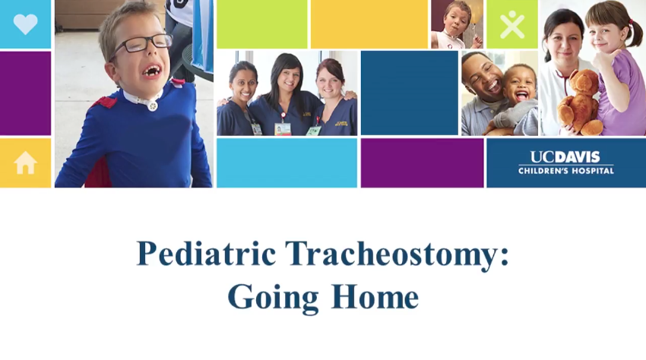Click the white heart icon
pos(26,24)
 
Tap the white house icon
pos(26,163)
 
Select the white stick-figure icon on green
pos(512,24)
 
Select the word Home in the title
pos(375,296)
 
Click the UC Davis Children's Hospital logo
pos(566,163)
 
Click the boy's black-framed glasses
pos(142,45)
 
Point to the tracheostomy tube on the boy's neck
pos(153,105)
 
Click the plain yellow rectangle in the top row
pos(369,24)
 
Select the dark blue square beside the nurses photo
pos(410,93)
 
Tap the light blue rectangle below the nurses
pos(287,163)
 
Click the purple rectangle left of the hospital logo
pos(423,163)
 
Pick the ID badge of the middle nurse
pos(283,128)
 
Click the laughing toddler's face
pos(520,88)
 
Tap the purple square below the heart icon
pos(26,93)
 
